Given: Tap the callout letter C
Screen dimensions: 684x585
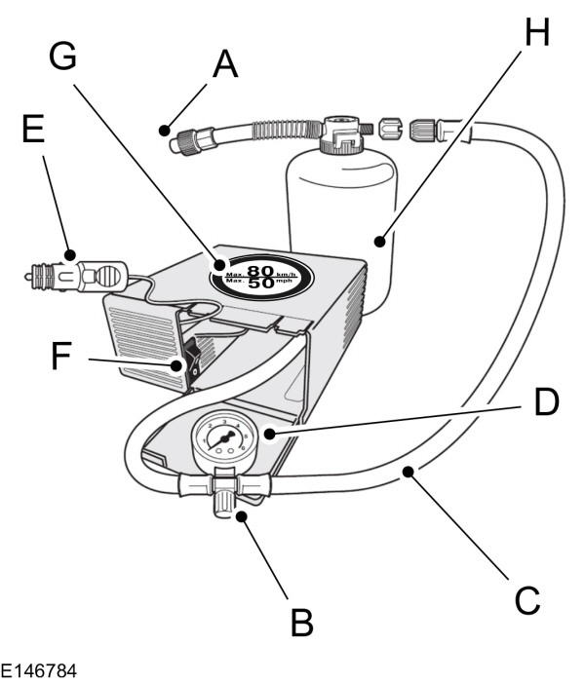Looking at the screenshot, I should (527, 600).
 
